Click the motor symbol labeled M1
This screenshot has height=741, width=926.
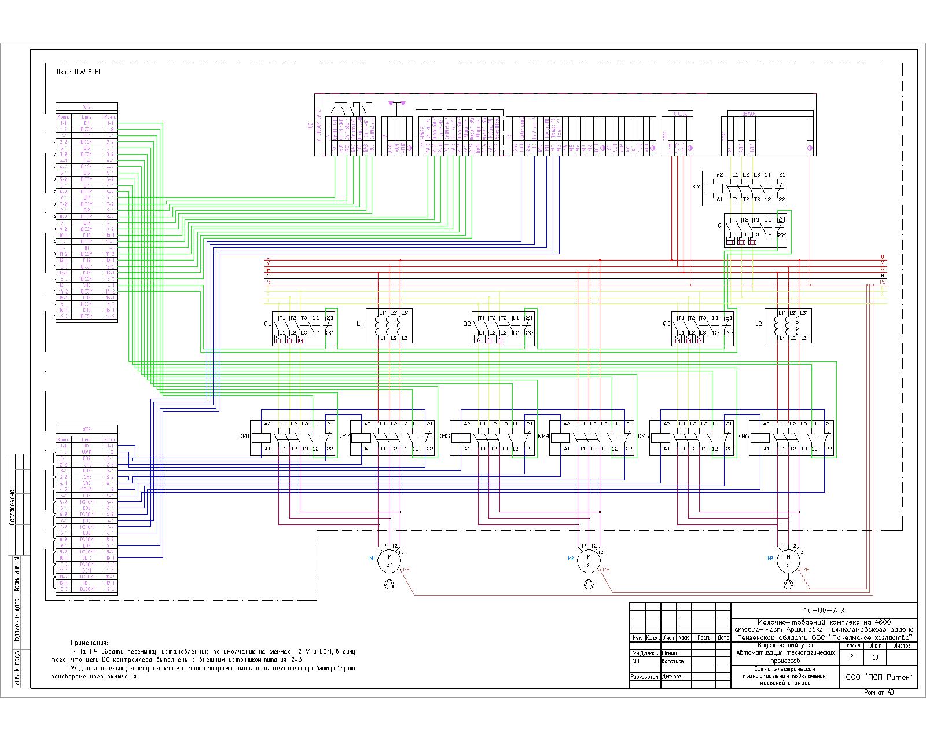point(389,560)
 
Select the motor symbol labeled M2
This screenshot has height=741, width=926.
point(589,560)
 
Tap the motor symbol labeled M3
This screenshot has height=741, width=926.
point(788,560)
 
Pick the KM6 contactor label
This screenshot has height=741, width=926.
point(743,436)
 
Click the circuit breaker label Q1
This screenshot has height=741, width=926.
point(267,324)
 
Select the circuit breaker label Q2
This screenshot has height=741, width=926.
point(466,324)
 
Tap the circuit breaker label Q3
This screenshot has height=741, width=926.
point(667,324)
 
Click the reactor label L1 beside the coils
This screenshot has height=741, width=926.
point(360,324)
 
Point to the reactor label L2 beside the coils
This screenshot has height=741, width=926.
point(759,324)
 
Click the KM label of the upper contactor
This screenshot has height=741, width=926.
point(696,186)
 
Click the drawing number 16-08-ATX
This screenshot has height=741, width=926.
point(824,610)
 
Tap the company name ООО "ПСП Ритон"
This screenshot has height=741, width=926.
point(879,676)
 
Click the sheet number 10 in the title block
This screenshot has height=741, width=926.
point(875,658)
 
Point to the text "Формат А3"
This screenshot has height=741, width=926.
point(879,693)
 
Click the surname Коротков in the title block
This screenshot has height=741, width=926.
point(672,661)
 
